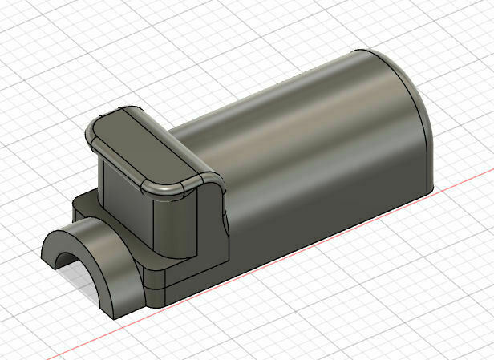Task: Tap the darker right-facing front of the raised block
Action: click(x=172, y=220)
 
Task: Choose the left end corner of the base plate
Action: click(x=74, y=200)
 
